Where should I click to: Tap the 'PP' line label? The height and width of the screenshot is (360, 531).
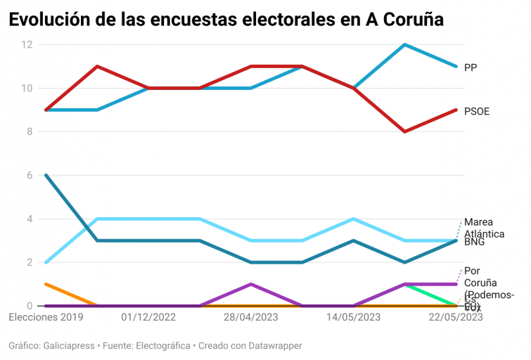tap(471, 67)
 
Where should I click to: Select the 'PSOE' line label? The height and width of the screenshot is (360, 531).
tap(477, 111)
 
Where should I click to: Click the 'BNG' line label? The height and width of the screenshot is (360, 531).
tap(474, 241)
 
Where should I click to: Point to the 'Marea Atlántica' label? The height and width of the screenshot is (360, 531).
tap(484, 226)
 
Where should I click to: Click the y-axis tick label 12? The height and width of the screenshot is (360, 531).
tap(27, 45)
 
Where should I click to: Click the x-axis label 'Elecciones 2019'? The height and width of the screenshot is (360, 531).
tap(46, 318)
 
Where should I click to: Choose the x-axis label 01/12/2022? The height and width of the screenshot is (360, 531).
tap(148, 318)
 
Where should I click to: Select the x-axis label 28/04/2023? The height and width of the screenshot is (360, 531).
tap(251, 318)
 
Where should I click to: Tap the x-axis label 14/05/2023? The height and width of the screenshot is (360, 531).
tap(354, 318)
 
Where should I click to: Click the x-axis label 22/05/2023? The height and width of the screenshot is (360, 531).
tap(456, 318)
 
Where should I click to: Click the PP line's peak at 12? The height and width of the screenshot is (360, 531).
tap(405, 45)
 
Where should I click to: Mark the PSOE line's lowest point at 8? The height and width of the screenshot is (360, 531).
tap(405, 131)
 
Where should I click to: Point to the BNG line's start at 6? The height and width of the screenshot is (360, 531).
tap(46, 175)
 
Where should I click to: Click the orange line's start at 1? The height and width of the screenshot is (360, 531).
tap(46, 284)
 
